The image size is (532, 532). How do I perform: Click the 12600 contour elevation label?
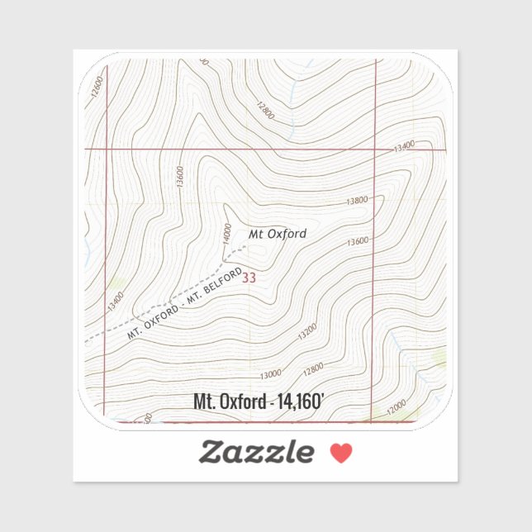[98, 87]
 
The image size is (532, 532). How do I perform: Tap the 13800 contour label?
[357, 201]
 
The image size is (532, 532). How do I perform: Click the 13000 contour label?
[270, 374]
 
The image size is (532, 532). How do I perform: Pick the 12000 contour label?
[396, 406]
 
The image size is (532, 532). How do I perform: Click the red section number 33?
[249, 278]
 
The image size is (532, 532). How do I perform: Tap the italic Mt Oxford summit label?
[278, 234]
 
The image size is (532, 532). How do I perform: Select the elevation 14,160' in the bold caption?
[301, 402]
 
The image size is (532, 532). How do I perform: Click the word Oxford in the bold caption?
[241, 402]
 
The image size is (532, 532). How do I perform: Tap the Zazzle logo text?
[256, 452]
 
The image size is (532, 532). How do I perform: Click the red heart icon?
[341, 453]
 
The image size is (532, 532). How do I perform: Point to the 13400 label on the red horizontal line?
[403, 147]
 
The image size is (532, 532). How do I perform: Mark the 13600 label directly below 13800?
[358, 242]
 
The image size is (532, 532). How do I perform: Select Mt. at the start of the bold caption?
[202, 402]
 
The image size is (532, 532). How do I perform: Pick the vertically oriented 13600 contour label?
[180, 177]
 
